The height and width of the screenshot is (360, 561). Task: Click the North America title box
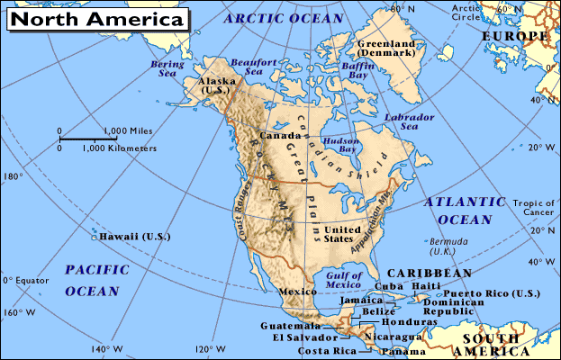99,17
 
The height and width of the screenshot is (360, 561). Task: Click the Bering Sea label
166,70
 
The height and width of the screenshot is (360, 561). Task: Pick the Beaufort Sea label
246,67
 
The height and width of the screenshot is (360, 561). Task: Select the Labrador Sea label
402,122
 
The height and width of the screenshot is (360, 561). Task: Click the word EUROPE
514,36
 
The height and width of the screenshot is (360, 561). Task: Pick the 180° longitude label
14,176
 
